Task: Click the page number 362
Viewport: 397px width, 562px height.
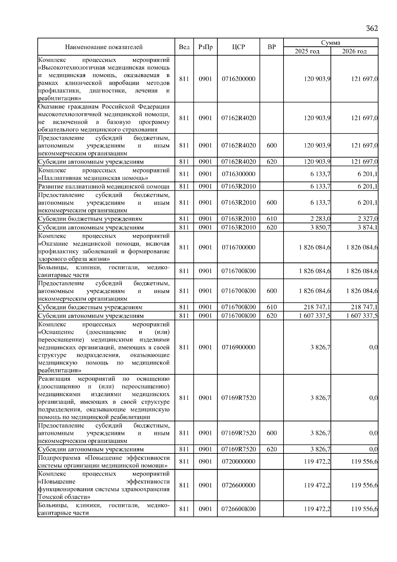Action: [372, 28]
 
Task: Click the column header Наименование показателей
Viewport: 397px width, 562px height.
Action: [104, 47]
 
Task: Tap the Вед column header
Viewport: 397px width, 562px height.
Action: [184, 47]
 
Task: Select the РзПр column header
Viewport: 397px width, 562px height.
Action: [205, 47]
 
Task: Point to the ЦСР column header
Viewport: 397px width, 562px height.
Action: [239, 47]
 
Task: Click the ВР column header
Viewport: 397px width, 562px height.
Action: [272, 47]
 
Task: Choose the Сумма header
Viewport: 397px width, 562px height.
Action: [331, 43]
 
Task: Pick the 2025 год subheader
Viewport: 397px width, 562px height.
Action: [307, 51]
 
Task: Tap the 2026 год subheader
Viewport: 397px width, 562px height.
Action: [354, 51]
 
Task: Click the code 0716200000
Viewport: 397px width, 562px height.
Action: [239, 79]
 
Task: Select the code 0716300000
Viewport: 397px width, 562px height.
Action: [239, 174]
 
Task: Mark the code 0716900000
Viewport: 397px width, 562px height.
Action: [239, 347]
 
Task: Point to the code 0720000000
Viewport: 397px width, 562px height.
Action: [239, 461]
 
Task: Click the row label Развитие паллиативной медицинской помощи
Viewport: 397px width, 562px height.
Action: [104, 186]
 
